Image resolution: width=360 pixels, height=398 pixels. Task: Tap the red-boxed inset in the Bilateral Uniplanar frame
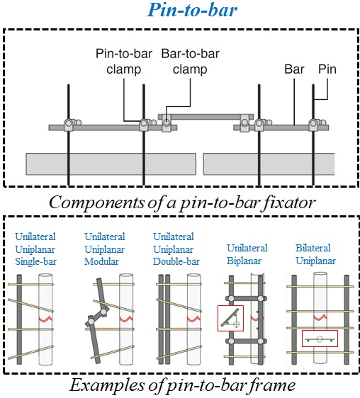tap(320, 339)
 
